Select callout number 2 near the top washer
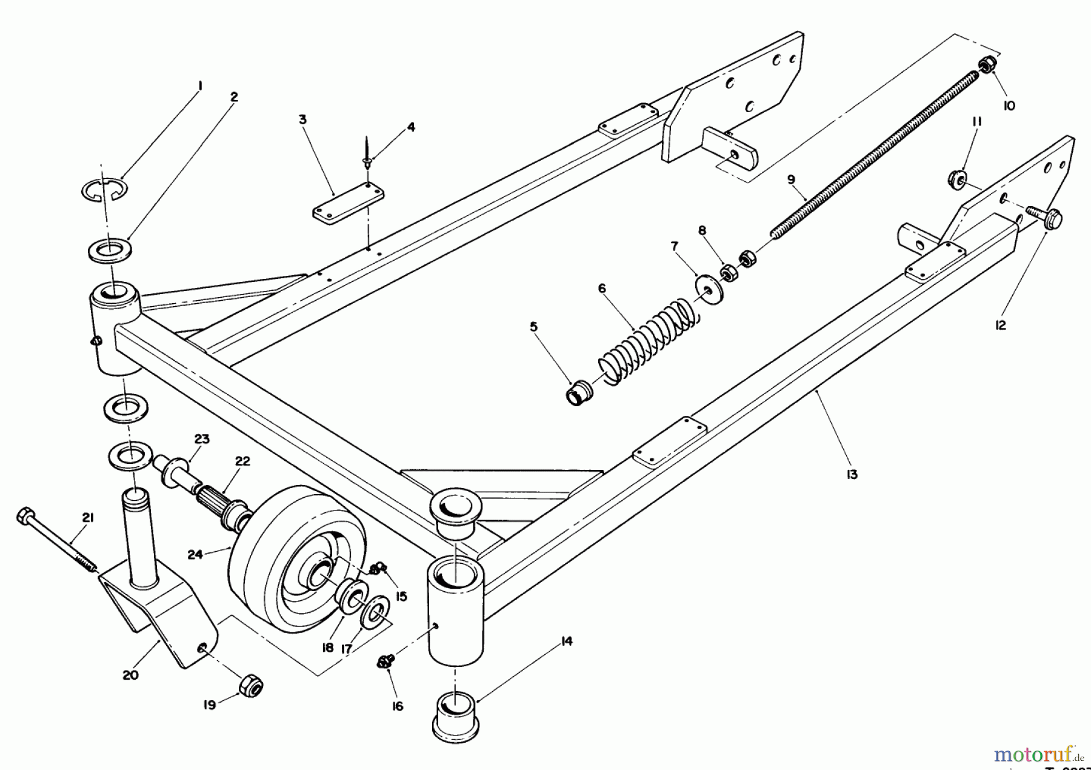coord(234,97)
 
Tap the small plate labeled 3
coord(349,205)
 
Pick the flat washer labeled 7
coord(704,286)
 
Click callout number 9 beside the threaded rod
coord(791,180)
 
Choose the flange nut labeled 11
coord(956,179)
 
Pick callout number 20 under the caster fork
coord(130,675)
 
